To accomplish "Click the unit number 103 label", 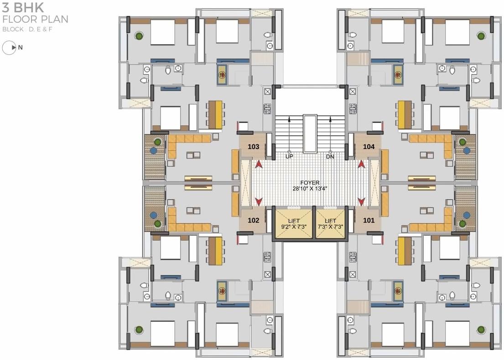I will [254, 147].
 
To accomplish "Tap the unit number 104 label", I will [369, 147].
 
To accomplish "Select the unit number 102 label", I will [254, 220].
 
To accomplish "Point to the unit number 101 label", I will [369, 220].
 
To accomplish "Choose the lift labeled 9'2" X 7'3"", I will [293, 223].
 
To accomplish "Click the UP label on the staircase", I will [289, 156].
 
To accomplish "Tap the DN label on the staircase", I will [330, 156].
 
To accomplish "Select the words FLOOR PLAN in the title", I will [35, 19].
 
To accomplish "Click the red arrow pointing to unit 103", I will [259, 164].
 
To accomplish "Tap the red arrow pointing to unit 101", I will [361, 201].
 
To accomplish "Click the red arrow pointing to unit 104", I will [361, 164].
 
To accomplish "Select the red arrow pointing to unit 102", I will [259, 201].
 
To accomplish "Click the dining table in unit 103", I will [215, 114].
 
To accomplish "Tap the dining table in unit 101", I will [405, 251].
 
